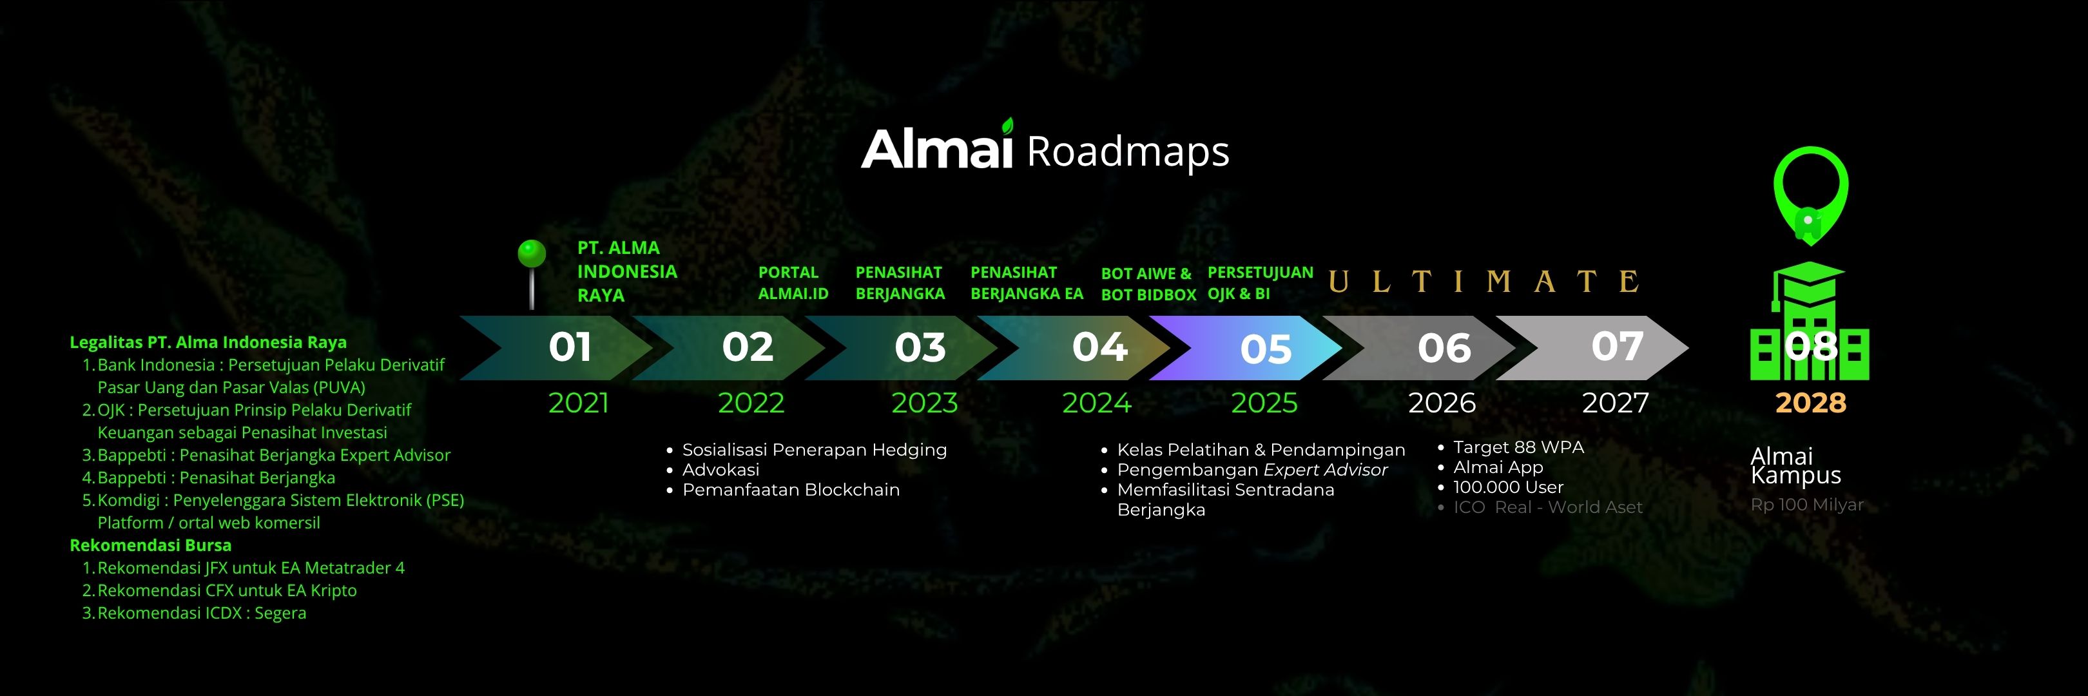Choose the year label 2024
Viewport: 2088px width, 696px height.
pyautogui.click(x=1097, y=403)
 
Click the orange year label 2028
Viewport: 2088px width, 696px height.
pyautogui.click(x=1811, y=403)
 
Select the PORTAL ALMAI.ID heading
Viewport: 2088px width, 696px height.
pyautogui.click(x=793, y=283)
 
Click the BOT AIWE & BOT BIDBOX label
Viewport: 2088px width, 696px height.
pyautogui.click(x=1148, y=284)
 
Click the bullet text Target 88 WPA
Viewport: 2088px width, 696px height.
pyautogui.click(x=1518, y=447)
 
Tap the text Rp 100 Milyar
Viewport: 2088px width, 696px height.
pyautogui.click(x=1807, y=505)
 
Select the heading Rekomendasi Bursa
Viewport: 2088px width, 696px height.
pyautogui.click(x=151, y=545)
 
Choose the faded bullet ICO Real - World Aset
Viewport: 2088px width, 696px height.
pyautogui.click(x=1547, y=507)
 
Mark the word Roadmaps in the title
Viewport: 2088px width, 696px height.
pyautogui.click(x=1128, y=152)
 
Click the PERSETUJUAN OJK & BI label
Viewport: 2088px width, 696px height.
pyautogui.click(x=1261, y=283)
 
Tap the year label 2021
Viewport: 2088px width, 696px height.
pyautogui.click(x=578, y=403)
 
